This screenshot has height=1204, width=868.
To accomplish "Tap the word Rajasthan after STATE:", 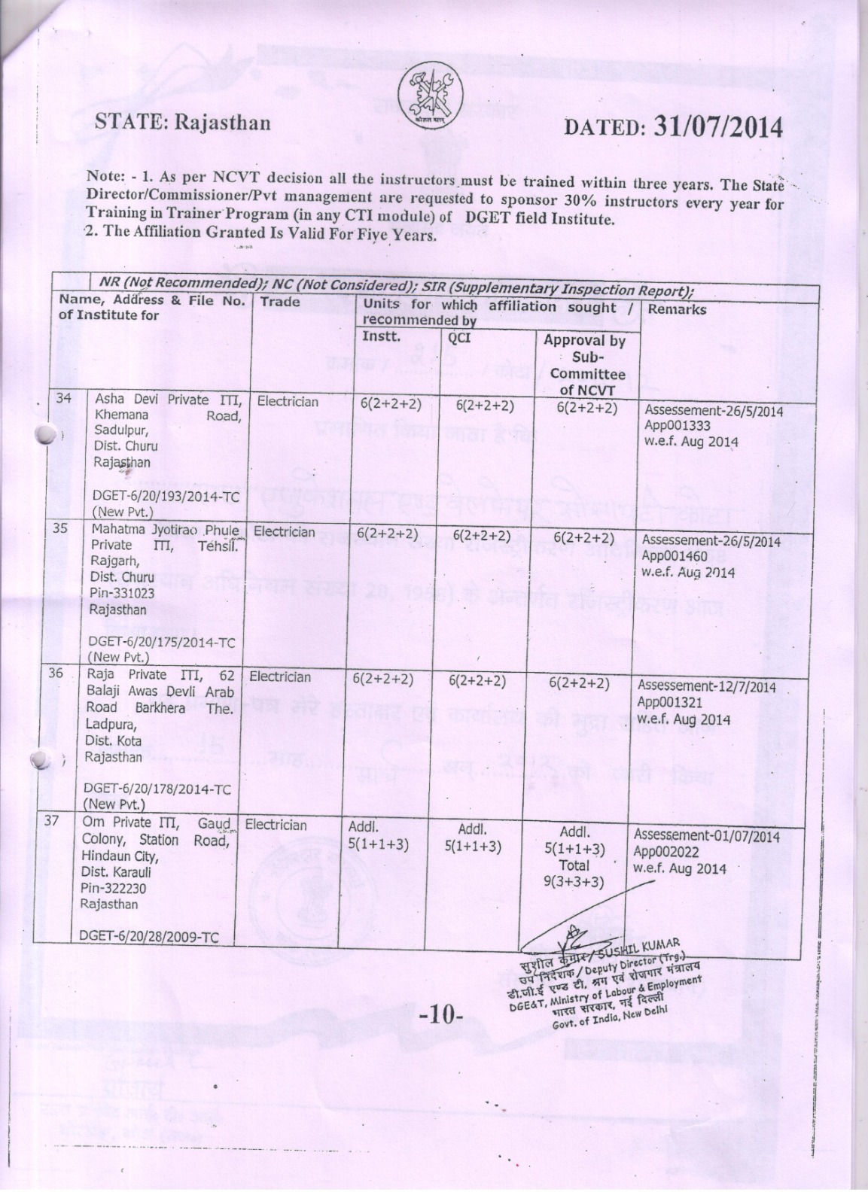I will point(222,123).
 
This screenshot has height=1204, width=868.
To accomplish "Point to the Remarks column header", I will point(677,309).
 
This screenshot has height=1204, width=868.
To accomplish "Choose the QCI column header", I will point(459,338).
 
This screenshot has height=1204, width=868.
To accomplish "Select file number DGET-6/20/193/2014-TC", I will point(165,495).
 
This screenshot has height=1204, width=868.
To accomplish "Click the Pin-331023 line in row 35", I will point(122,593).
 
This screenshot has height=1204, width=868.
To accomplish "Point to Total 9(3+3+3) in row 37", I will point(574,874).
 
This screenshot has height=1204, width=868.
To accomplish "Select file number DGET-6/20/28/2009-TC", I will point(149,937).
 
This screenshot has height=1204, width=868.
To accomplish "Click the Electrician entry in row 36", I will point(280,676).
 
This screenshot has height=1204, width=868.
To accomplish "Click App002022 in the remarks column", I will point(666,852).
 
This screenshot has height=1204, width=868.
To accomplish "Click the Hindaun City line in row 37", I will point(120,856).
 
